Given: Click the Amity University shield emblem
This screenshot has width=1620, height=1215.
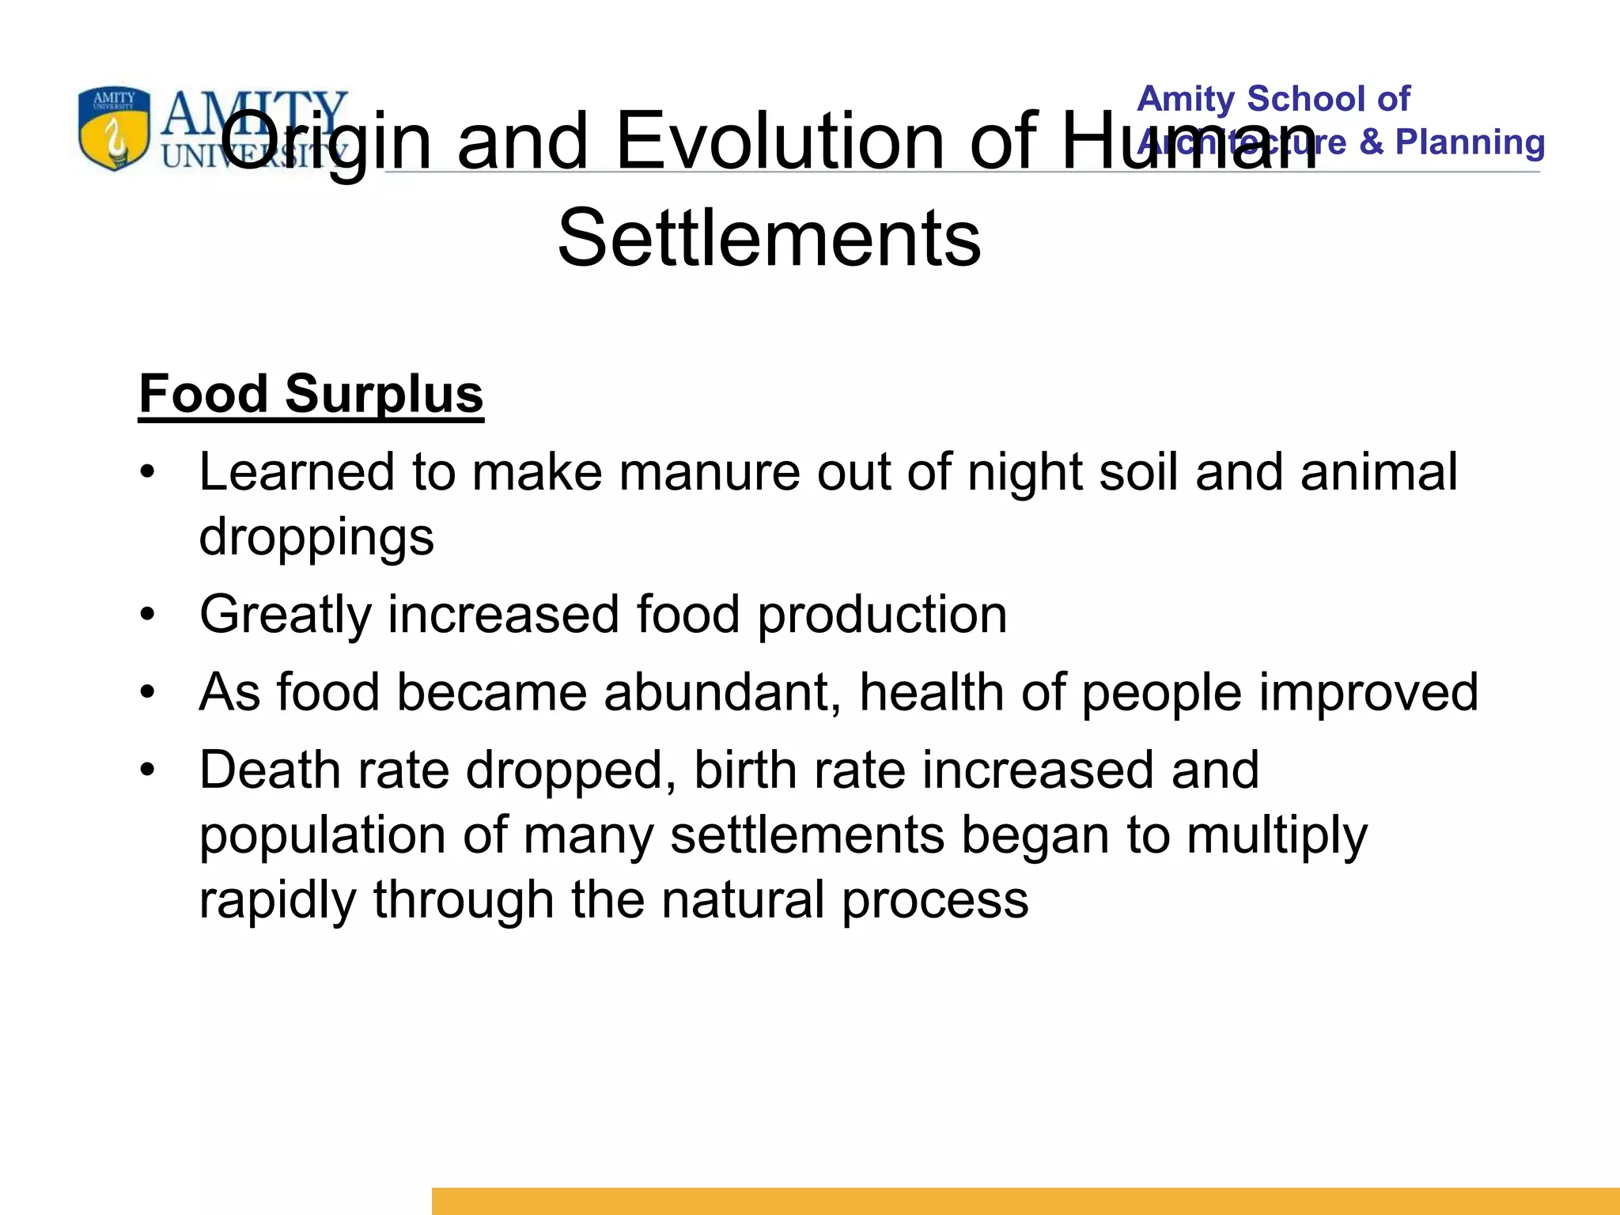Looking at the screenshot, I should pyautogui.click(x=114, y=128).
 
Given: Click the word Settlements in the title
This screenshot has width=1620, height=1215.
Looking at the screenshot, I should pyautogui.click(x=769, y=237).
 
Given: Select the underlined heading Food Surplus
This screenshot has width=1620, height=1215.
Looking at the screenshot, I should pyautogui.click(x=311, y=394).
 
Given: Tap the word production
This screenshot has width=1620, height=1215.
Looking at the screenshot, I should pyautogui.click(x=882, y=615).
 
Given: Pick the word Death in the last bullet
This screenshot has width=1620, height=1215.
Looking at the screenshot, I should pyautogui.click(x=270, y=770).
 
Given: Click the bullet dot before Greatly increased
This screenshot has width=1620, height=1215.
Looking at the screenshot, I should pyautogui.click(x=148, y=615).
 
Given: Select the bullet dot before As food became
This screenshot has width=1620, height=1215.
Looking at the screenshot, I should pyautogui.click(x=148, y=692).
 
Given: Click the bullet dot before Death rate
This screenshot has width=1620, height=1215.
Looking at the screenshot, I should pyautogui.click(x=148, y=770).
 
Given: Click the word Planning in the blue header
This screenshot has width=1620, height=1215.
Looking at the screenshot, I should pyautogui.click(x=1470, y=142).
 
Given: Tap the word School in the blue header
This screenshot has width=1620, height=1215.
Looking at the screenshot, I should pyautogui.click(x=1306, y=99).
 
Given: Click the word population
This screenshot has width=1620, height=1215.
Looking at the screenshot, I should pyautogui.click(x=322, y=836).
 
